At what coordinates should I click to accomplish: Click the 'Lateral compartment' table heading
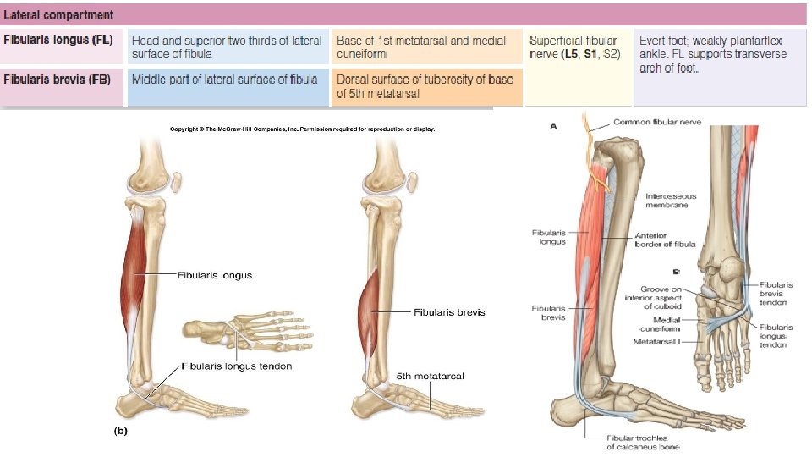[58, 14]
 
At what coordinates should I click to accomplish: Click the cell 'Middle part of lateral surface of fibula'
[224, 79]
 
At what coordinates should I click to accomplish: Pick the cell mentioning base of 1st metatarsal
[421, 47]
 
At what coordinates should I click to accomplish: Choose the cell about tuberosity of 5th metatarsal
[425, 86]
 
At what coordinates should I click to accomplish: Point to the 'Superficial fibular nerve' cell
[574, 47]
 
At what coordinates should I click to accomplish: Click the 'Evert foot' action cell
[712, 53]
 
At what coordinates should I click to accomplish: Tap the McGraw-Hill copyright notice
[302, 129]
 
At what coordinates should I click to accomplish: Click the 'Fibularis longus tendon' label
[237, 366]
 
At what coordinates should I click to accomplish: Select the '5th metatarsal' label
[431, 375]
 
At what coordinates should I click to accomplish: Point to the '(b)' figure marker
[121, 430]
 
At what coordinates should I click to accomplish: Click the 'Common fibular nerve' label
[657, 123]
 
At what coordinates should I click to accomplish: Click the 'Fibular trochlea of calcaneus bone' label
[643, 442]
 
